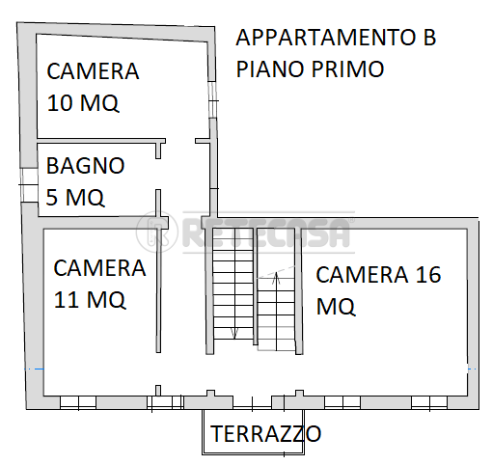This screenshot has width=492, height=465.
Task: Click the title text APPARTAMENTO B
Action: [336, 38]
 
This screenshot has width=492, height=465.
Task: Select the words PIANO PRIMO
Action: [310, 68]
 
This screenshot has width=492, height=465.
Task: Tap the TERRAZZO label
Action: [265, 433]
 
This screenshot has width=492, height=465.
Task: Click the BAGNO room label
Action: [85, 166]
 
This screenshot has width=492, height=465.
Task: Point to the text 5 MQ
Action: [75, 197]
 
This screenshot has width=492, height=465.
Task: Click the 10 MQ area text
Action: [83, 103]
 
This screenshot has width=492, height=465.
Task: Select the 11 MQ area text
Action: [90, 300]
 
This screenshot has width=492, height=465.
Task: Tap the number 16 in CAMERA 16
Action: [428, 275]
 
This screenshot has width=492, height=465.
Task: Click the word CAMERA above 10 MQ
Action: [93, 71]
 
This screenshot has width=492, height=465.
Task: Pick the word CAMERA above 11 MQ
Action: [99, 268]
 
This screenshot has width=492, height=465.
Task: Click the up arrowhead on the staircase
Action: [276, 278]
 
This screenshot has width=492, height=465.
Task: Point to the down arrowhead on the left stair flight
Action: [233, 333]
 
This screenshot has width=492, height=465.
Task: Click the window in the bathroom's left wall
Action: [29, 185]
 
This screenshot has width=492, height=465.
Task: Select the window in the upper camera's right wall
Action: [212, 100]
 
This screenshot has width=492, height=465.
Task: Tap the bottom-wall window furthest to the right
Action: [429, 402]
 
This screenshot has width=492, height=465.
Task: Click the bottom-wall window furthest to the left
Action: [78, 402]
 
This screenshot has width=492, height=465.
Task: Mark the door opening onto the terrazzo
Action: [252, 403]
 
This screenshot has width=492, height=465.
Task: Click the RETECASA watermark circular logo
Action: [157, 232]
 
